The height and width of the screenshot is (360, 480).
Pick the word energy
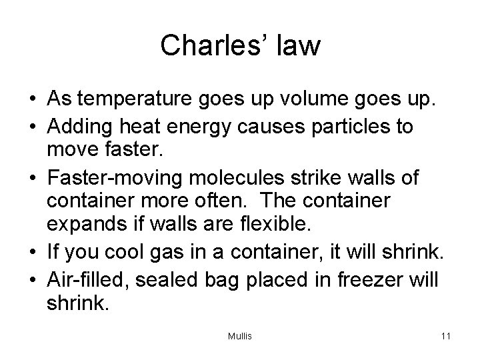220,127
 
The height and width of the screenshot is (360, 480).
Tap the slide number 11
445,336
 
